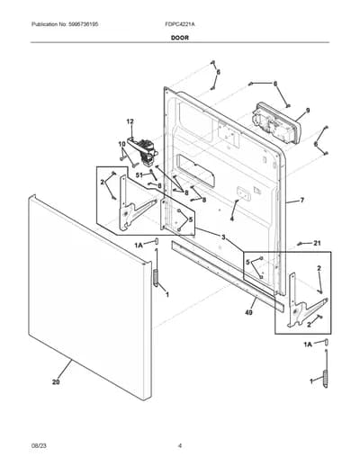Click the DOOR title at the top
click(180, 38)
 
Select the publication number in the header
click(65, 24)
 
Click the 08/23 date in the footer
click(39, 446)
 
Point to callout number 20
click(56, 382)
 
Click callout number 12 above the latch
click(130, 121)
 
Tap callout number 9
click(308, 111)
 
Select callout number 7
click(302, 200)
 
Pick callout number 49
click(248, 313)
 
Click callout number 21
click(317, 243)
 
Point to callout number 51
click(139, 175)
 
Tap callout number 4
click(232, 219)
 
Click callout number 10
click(121, 144)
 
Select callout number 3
click(223, 237)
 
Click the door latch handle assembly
click(143, 151)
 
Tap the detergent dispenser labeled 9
click(277, 122)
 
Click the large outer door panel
click(90, 298)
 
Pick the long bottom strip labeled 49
click(228, 275)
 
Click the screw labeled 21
click(299, 245)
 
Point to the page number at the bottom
click(180, 446)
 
